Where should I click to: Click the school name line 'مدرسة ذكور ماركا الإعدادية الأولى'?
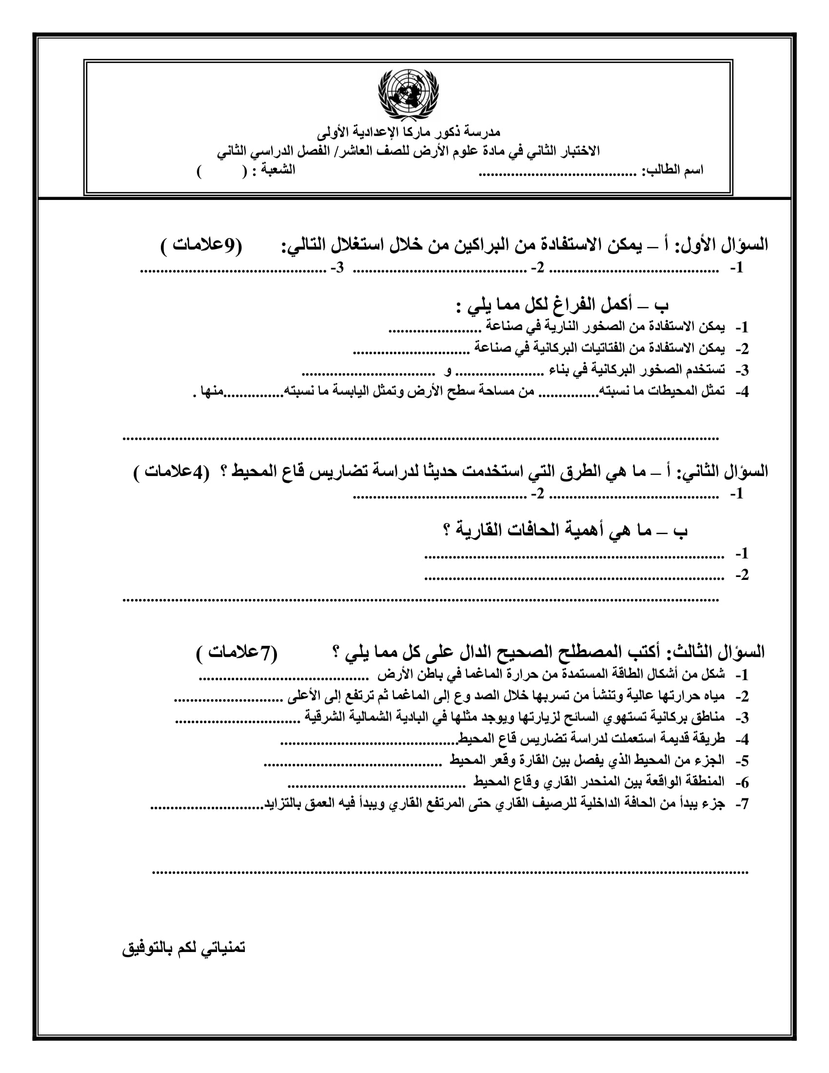409,132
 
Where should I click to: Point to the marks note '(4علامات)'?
171,472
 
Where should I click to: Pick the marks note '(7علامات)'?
237,653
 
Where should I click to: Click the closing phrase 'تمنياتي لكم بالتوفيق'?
184,948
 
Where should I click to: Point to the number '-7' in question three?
742,804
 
